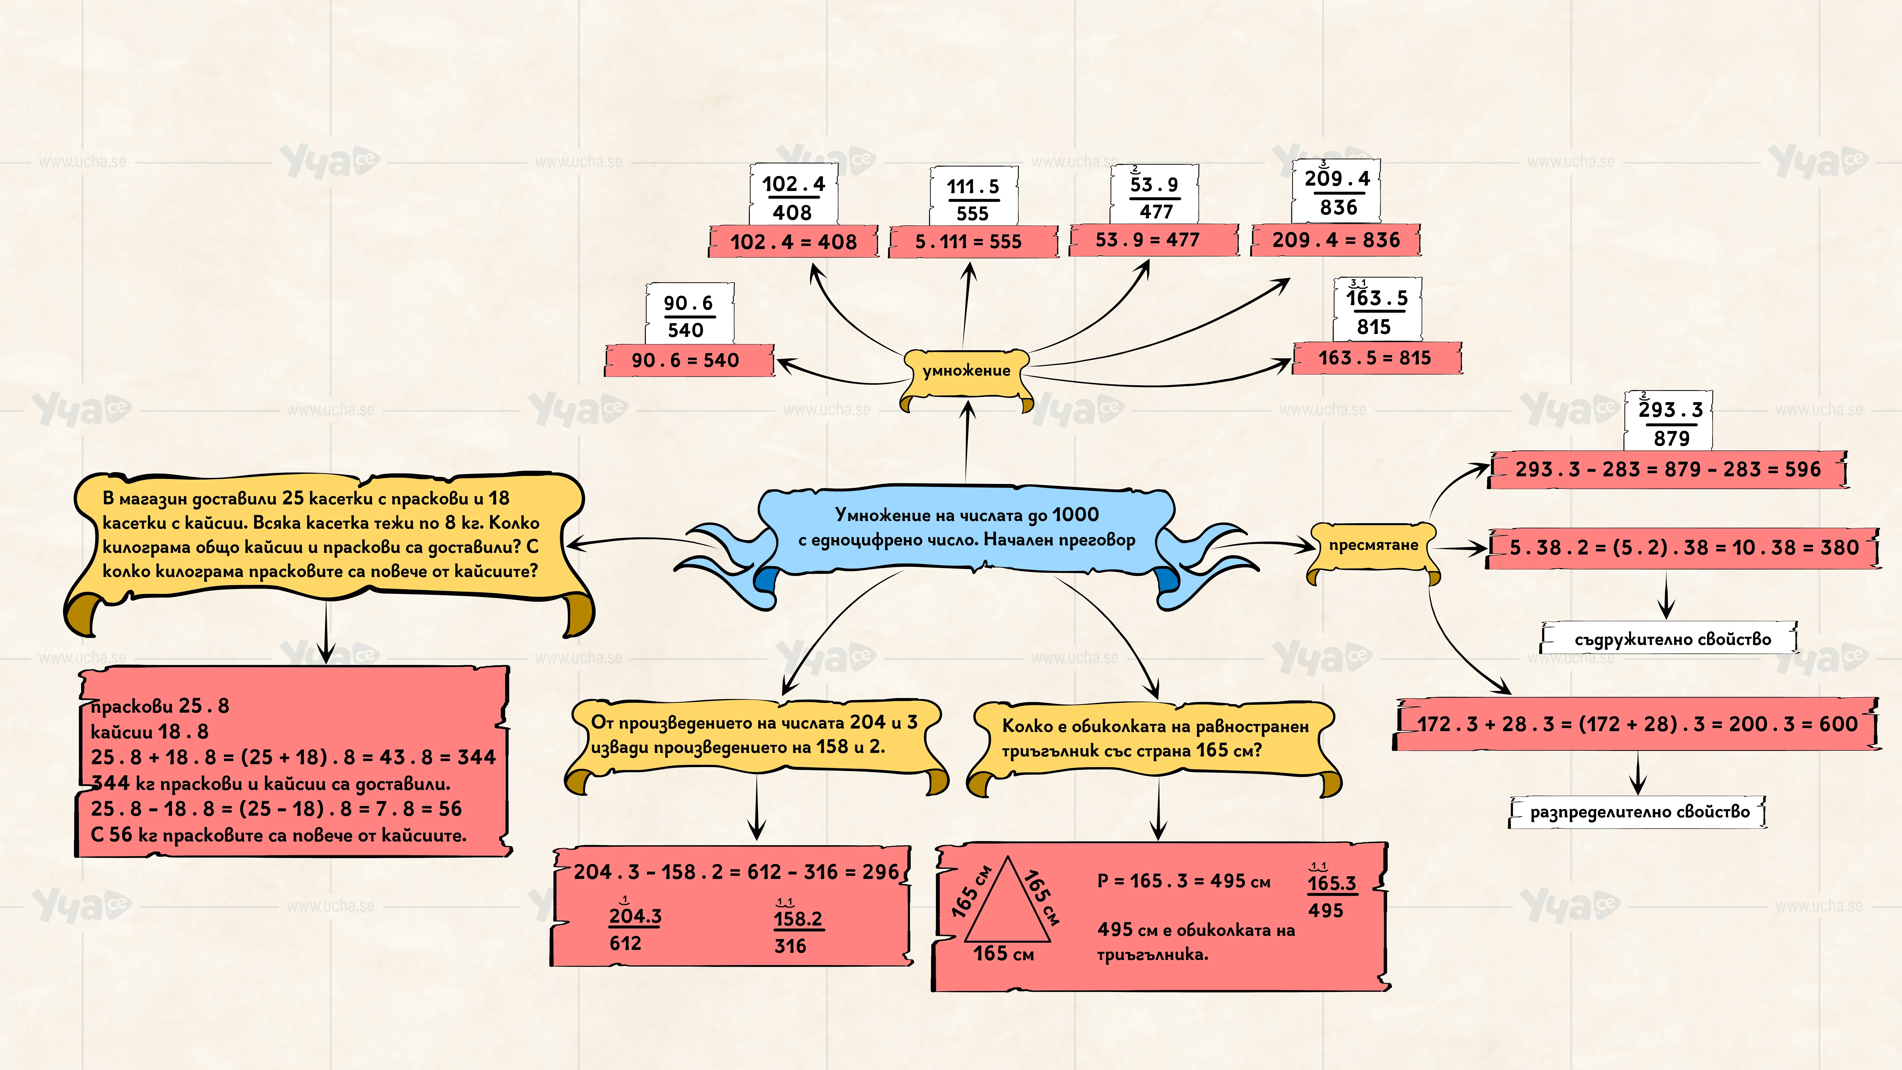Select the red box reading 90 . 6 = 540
pos(689,360)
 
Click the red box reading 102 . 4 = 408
pos(794,241)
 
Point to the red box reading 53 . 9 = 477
pos(1153,240)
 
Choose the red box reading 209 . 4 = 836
pos(1336,240)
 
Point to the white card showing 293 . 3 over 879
pos(1669,421)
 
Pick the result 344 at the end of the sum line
pos(476,757)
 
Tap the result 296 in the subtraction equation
pos(881,872)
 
